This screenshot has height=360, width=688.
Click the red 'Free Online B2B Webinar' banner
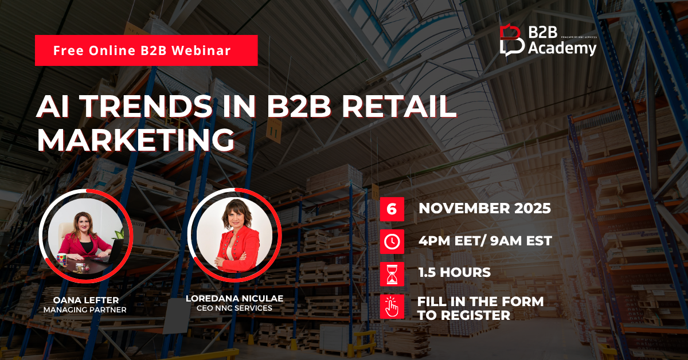tap(146, 50)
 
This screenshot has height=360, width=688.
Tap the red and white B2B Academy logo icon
tap(511, 40)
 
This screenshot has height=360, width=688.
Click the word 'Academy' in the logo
tap(562, 49)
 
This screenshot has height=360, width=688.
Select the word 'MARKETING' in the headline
tap(136, 140)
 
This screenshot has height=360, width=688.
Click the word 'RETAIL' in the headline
tap(399, 106)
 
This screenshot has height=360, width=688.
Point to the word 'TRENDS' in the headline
tap(147, 106)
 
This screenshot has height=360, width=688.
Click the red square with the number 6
tap(392, 209)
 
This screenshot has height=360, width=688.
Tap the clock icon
tap(392, 242)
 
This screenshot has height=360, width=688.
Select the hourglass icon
tap(392, 274)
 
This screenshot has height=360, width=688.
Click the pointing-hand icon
tap(392, 307)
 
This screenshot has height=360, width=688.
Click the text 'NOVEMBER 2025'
tap(484, 209)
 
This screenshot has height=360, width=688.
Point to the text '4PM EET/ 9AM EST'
tap(485, 241)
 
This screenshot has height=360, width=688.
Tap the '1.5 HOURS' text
tap(455, 272)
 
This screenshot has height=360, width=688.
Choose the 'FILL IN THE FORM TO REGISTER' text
tap(480, 308)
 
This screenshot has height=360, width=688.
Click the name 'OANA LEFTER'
tap(86, 300)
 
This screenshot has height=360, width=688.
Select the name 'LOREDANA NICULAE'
tap(234, 298)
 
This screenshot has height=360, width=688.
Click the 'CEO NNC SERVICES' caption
tap(234, 308)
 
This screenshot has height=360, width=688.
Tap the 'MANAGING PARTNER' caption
tap(85, 310)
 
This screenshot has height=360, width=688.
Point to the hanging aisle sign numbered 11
tap(273, 131)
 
